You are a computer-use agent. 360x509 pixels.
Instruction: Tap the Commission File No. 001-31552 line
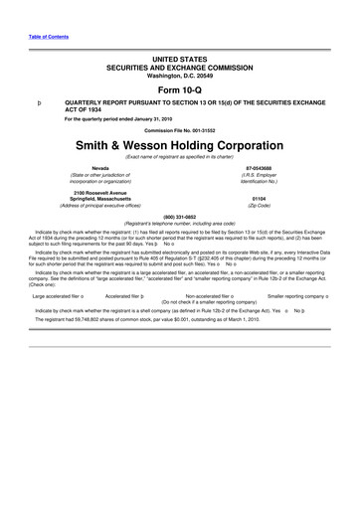coord(179,131)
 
